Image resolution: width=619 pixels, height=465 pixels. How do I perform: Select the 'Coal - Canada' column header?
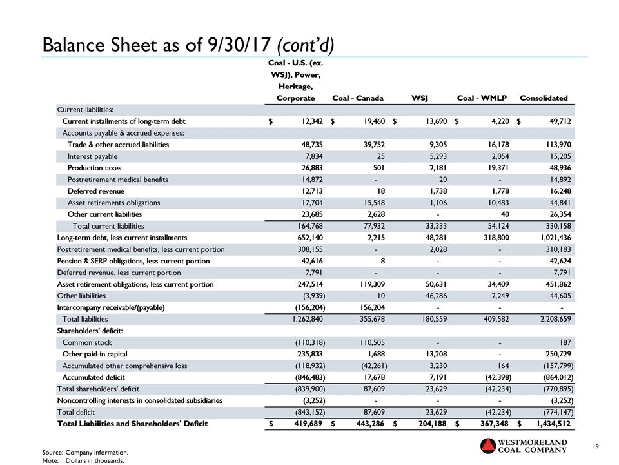[357, 98]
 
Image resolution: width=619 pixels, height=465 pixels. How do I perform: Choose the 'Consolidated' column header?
[544, 98]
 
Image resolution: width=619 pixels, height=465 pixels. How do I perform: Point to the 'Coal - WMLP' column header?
[481, 98]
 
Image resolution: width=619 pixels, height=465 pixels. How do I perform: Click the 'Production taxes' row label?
[94, 168]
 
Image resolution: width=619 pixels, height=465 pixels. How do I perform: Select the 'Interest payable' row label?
[92, 156]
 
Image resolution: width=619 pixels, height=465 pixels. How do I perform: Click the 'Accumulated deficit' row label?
[93, 377]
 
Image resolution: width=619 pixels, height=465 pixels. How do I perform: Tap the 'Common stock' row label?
[86, 342]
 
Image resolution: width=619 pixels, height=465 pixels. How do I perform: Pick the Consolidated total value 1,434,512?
[548, 424]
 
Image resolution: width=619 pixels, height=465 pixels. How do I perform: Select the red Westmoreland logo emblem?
[491, 447]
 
